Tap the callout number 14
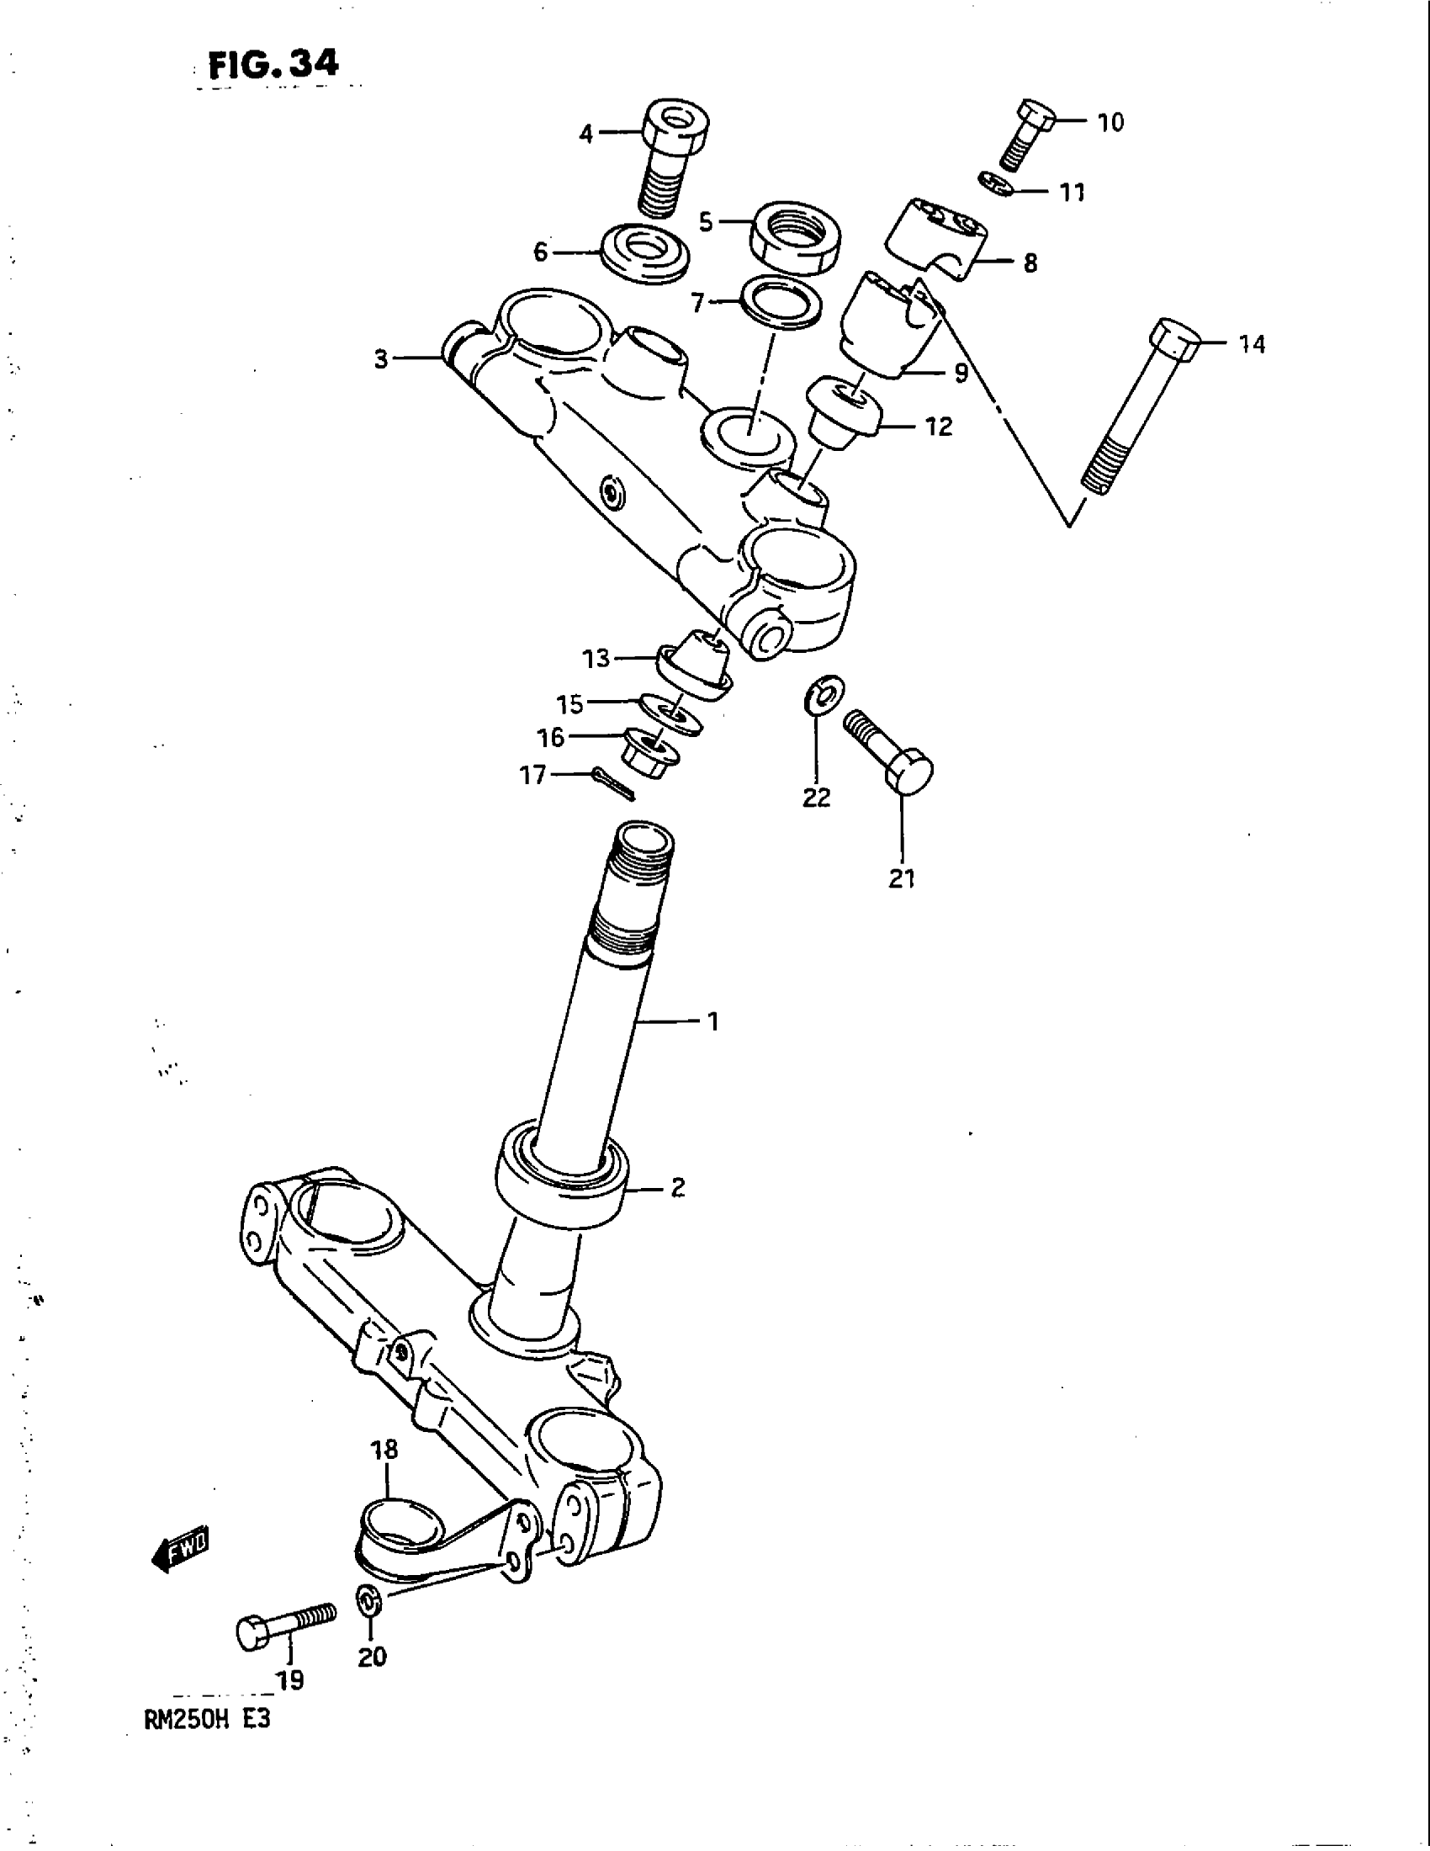(x=1252, y=344)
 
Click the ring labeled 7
(x=781, y=303)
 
